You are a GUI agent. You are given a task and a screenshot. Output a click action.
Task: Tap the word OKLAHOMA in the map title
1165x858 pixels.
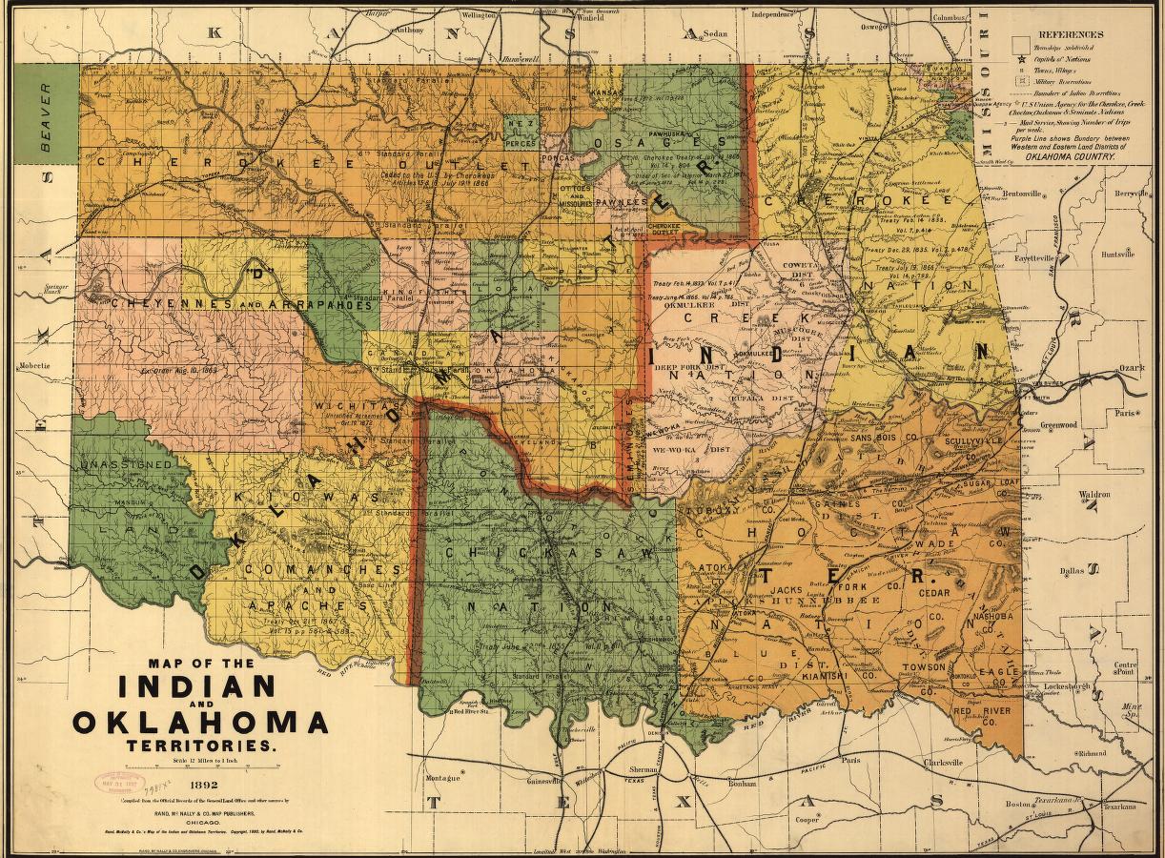pos(200,722)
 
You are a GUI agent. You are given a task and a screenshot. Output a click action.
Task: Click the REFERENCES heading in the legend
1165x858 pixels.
pos(1071,34)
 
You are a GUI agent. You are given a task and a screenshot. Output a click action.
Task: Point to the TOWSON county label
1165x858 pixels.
pos(922,667)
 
